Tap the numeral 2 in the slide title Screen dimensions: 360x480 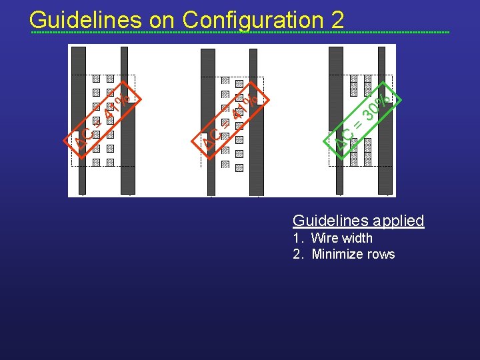click(x=337, y=19)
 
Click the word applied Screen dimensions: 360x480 click(x=398, y=221)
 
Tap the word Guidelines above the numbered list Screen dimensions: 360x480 click(x=331, y=221)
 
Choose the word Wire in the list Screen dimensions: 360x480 click(x=324, y=238)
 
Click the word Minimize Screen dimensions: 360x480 click(x=337, y=254)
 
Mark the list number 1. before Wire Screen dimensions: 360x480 click(x=298, y=238)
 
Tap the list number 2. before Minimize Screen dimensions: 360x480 click(x=298, y=254)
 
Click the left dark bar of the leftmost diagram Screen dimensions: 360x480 click(x=79, y=120)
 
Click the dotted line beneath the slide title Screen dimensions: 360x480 click(x=240, y=32)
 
